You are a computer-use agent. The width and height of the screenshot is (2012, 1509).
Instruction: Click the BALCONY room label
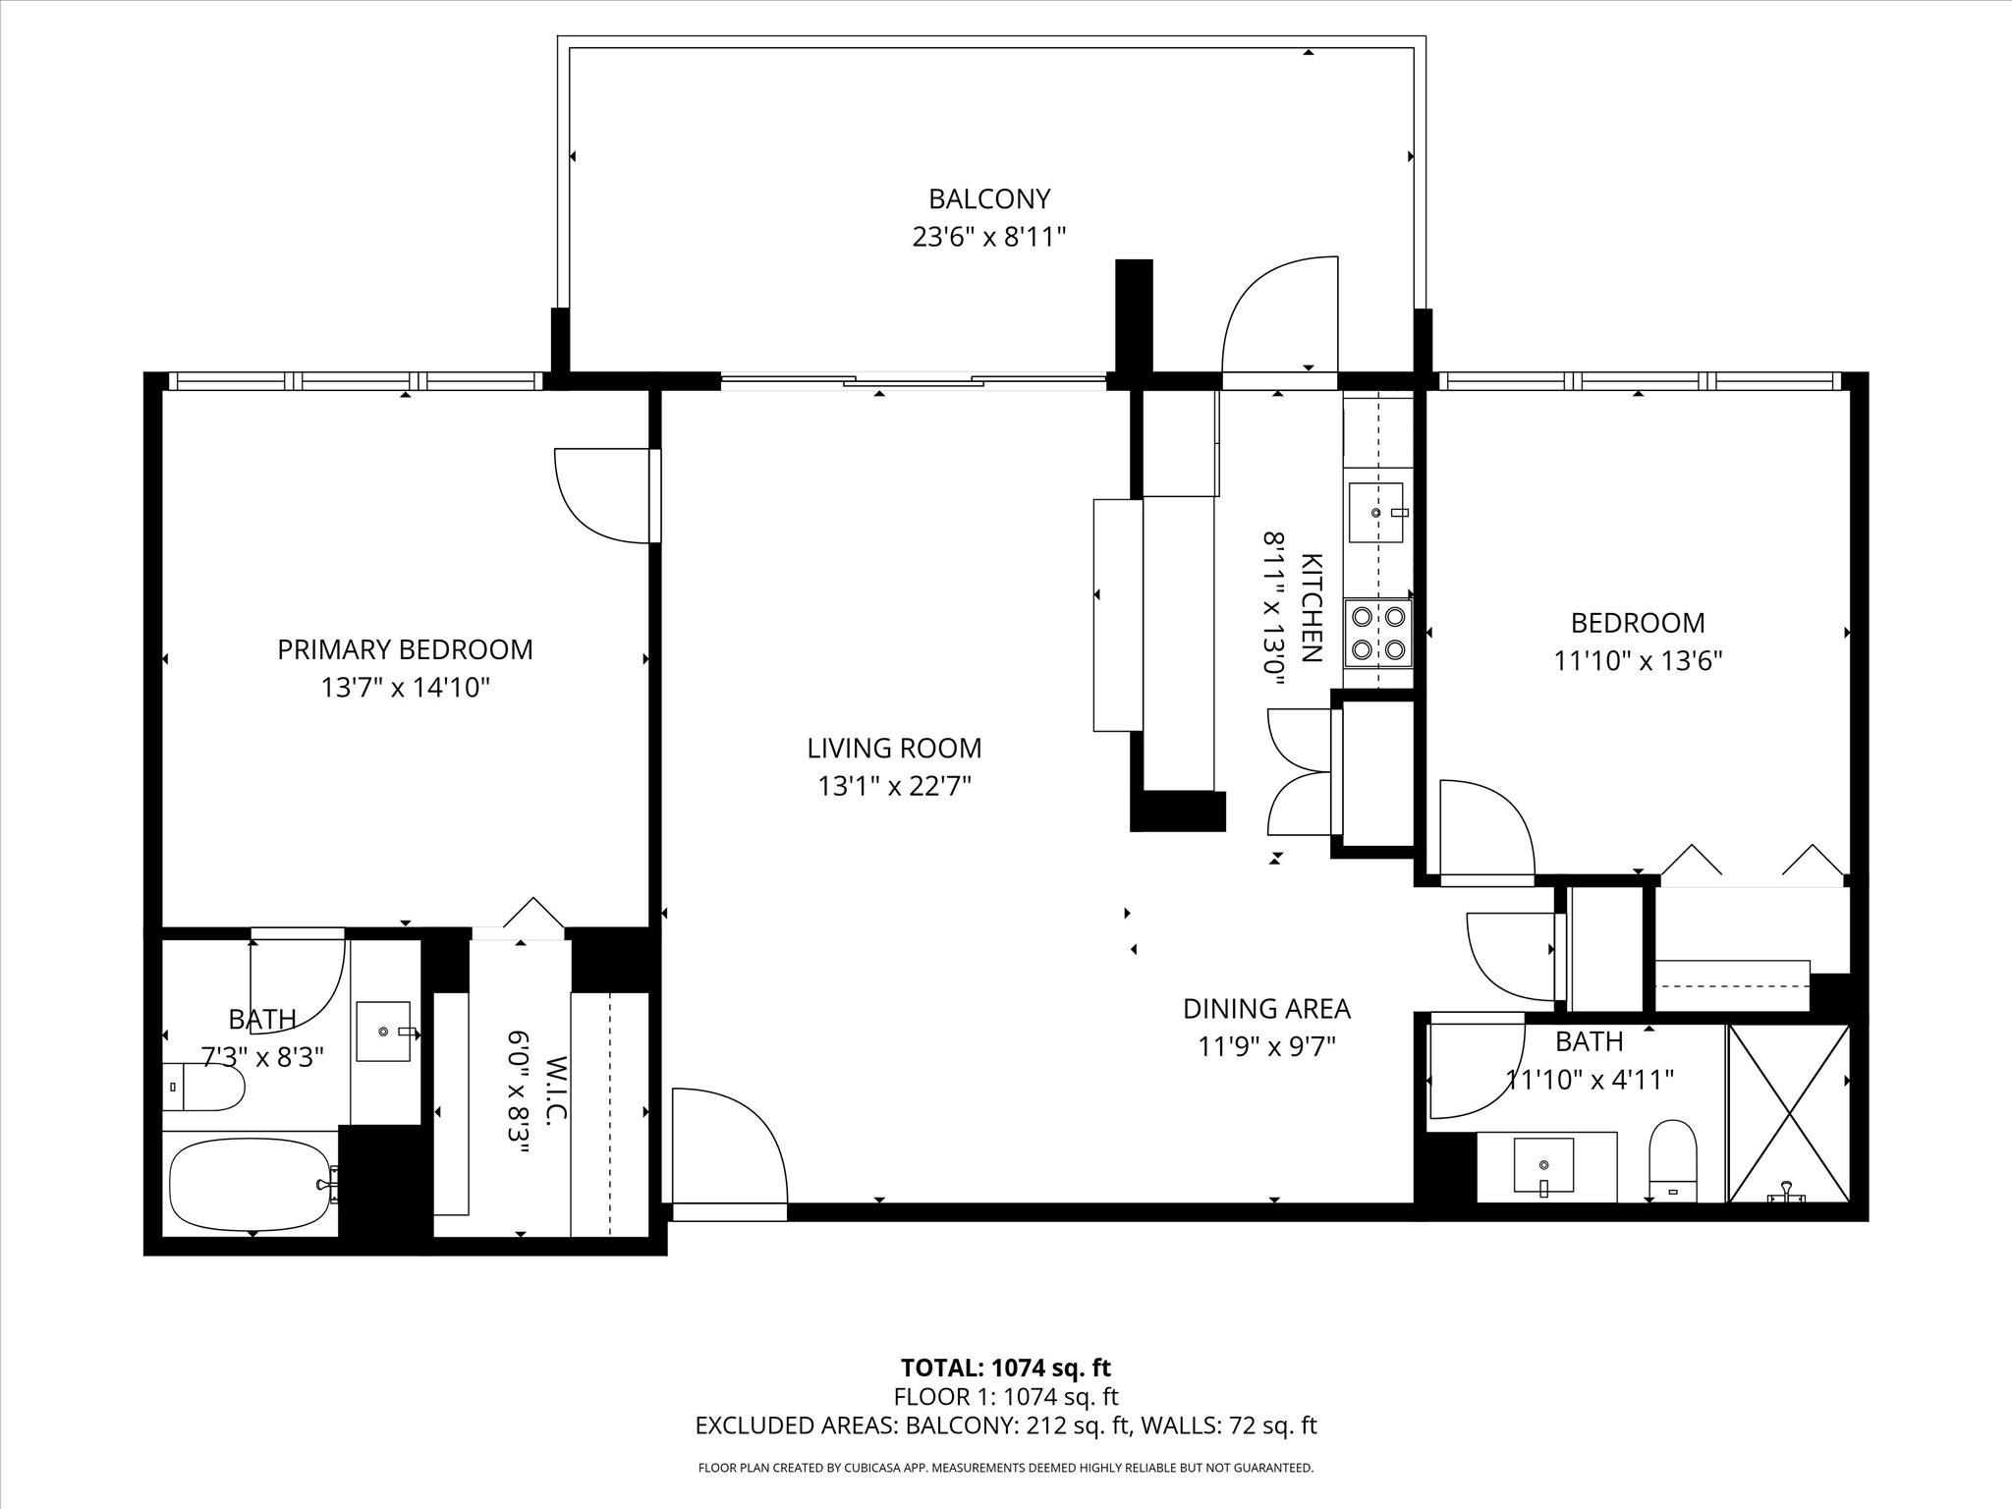click(989, 199)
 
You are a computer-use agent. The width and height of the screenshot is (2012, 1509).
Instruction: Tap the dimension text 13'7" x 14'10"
click(405, 688)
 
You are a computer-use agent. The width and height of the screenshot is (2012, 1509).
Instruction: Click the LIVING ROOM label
click(894, 749)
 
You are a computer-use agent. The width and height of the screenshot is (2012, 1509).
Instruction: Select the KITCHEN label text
click(1312, 608)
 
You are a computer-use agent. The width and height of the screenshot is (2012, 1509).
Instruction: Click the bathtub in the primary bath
click(251, 1184)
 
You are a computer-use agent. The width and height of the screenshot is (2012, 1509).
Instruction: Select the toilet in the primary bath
click(203, 1088)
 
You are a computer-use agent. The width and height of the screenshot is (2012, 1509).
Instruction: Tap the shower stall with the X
click(1789, 1113)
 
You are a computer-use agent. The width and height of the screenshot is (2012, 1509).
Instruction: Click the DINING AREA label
click(1266, 1009)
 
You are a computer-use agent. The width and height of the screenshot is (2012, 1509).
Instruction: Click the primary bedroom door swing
click(601, 496)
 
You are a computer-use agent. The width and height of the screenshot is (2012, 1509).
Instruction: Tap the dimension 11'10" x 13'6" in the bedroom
click(1638, 661)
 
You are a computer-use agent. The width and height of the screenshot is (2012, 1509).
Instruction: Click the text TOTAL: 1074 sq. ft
click(1005, 1368)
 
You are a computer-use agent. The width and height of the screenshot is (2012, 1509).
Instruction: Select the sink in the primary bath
click(383, 1032)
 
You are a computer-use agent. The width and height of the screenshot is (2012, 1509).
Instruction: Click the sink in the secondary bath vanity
click(1543, 1166)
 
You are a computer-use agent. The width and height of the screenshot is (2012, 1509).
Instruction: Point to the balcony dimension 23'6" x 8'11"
click(989, 237)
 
